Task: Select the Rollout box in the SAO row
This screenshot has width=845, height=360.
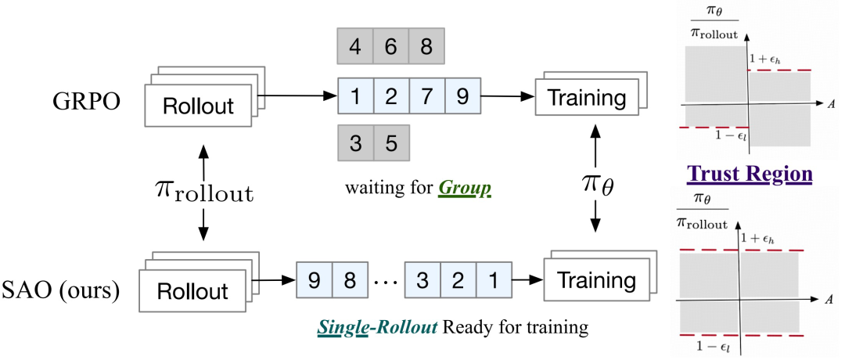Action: pyautogui.click(x=192, y=291)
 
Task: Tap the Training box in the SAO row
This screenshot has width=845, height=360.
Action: pyautogui.click(x=595, y=280)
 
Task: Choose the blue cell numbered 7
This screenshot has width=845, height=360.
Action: pyautogui.click(x=427, y=96)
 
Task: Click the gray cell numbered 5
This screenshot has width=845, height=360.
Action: pyautogui.click(x=391, y=143)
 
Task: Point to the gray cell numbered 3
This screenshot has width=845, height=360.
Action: pyautogui.click(x=356, y=143)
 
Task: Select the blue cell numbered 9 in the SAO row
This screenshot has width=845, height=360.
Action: pyautogui.click(x=315, y=279)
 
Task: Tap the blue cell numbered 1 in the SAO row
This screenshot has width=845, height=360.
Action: pyautogui.click(x=493, y=279)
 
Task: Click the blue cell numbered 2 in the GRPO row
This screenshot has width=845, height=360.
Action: pyautogui.click(x=391, y=96)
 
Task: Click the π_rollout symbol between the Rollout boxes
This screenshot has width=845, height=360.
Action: pyautogui.click(x=203, y=192)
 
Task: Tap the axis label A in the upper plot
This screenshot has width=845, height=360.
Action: pyautogui.click(x=832, y=105)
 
